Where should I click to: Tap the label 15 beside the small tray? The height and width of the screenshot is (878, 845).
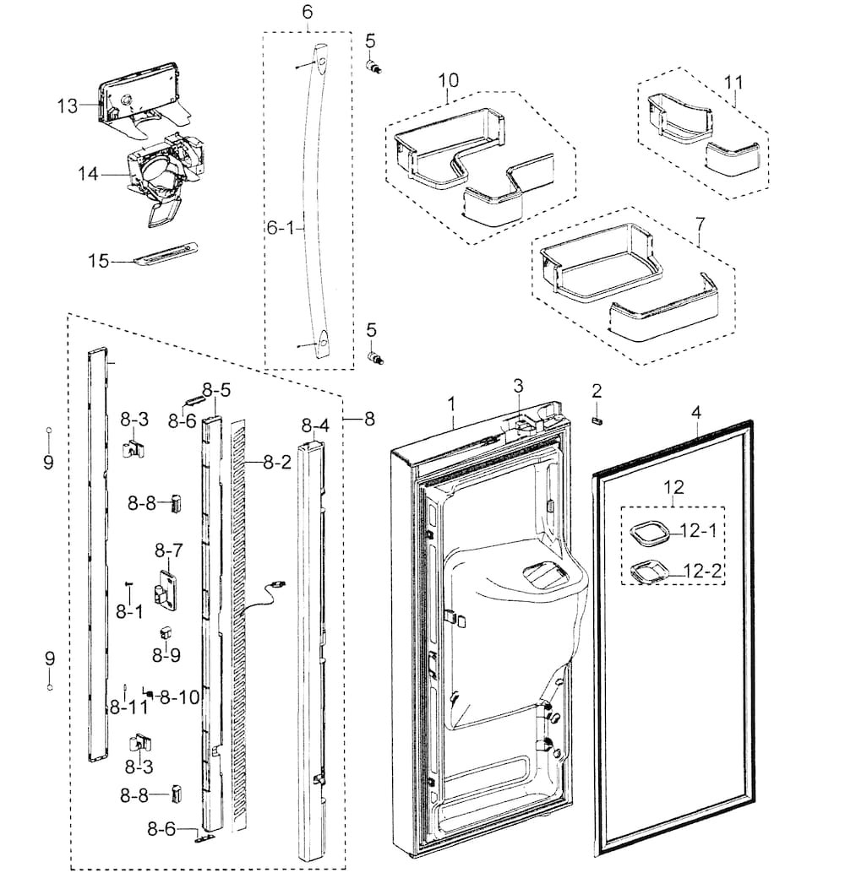click(99, 262)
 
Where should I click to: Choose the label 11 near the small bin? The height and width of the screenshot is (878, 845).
click(733, 82)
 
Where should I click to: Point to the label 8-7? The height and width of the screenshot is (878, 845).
click(168, 550)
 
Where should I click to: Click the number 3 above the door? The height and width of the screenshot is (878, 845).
click(519, 386)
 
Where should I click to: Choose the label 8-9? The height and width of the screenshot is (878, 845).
click(166, 653)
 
